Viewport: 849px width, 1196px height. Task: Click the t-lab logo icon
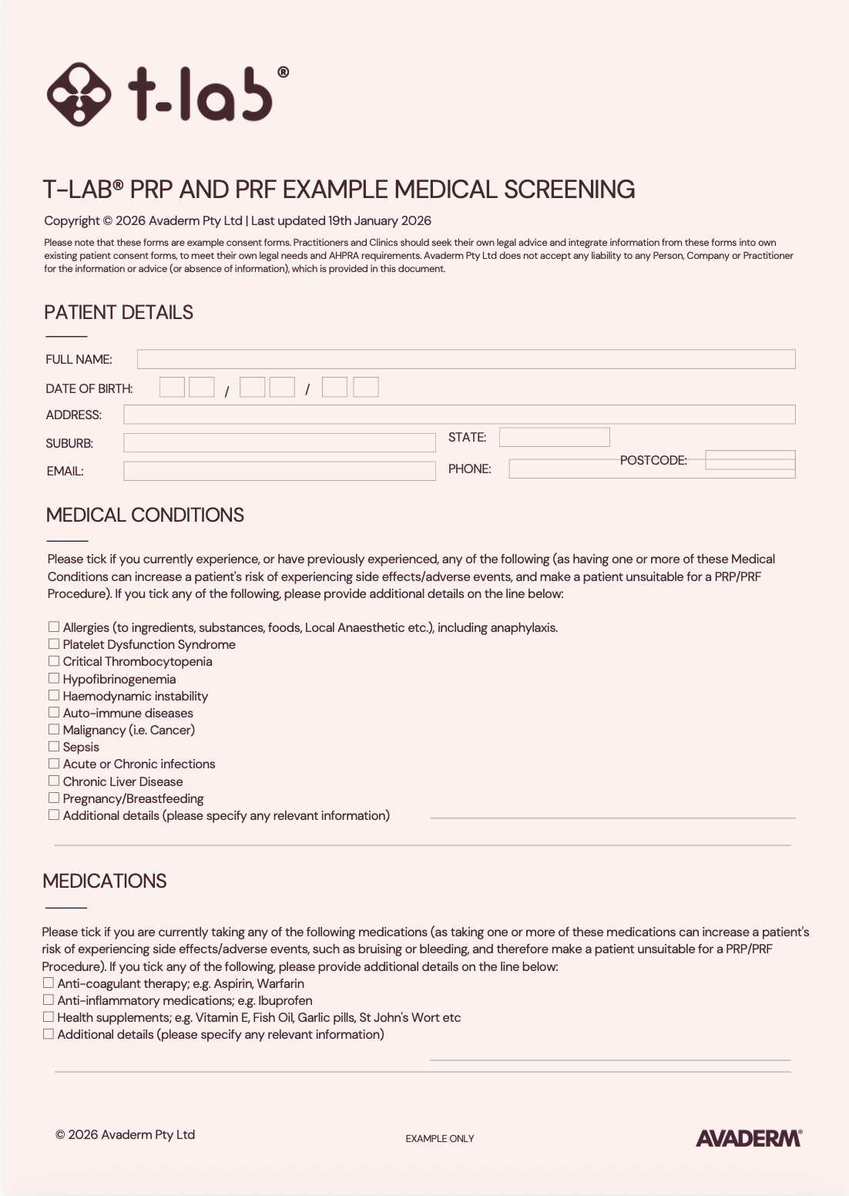click(78, 94)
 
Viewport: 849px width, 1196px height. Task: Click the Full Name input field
click(465, 359)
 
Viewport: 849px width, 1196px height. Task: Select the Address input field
click(458, 415)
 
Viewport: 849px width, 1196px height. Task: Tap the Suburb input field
click(279, 443)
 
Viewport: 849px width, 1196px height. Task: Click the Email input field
click(279, 471)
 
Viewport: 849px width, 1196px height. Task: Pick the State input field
click(554, 438)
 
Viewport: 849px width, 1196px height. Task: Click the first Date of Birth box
click(172, 387)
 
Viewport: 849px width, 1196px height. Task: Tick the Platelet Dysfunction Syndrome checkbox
click(54, 644)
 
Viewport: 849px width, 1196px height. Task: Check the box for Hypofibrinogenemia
click(54, 678)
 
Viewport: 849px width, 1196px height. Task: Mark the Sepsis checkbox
click(54, 747)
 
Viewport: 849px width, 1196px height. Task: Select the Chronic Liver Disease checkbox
click(54, 781)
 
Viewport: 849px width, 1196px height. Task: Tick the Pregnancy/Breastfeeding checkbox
click(54, 798)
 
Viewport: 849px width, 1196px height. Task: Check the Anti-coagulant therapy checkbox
click(49, 983)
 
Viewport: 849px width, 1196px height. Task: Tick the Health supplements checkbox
click(49, 1017)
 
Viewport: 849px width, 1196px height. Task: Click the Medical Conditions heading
click(145, 515)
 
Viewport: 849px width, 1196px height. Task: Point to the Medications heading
click(105, 881)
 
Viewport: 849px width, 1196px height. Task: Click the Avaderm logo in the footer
click(749, 1138)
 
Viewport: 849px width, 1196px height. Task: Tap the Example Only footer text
click(440, 1139)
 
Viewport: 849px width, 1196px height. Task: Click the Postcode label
click(653, 460)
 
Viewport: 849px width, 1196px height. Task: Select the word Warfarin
click(280, 983)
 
